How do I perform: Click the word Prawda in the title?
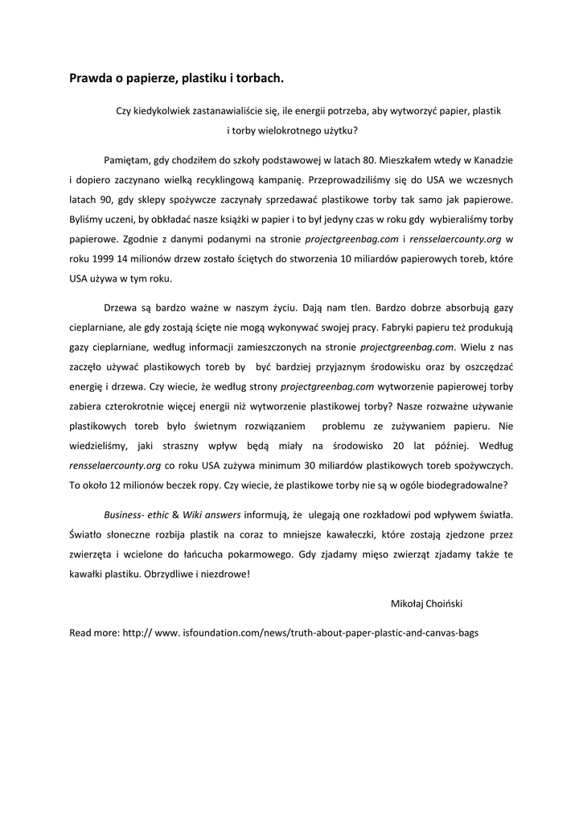coord(89,79)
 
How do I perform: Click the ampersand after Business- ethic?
coord(175,513)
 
